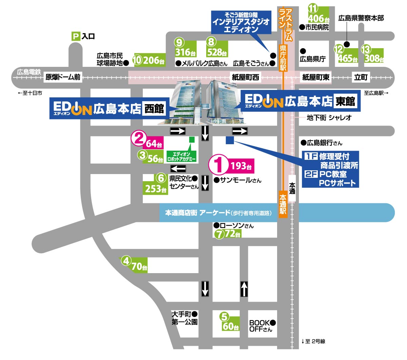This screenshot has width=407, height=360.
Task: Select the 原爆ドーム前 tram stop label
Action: tap(63, 77)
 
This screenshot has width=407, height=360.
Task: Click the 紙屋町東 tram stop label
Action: tap(316, 77)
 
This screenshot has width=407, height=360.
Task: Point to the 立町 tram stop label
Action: tap(361, 77)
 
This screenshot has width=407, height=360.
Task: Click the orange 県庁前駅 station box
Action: tap(283, 58)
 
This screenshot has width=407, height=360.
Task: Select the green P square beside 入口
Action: tap(76, 36)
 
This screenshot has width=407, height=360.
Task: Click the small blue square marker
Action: tap(230, 140)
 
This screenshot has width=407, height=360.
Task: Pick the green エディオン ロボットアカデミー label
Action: tap(181, 156)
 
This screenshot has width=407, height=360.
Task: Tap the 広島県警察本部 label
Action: tap(361, 18)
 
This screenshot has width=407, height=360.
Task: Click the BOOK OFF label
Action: tap(260, 326)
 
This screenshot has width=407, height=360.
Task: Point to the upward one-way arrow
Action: tap(244, 289)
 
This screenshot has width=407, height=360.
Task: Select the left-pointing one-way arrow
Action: tap(178, 169)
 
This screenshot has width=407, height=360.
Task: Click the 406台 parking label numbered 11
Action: tap(318, 19)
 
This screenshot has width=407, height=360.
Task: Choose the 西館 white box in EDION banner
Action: tap(154, 109)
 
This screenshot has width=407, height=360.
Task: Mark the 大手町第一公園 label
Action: tap(185, 318)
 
